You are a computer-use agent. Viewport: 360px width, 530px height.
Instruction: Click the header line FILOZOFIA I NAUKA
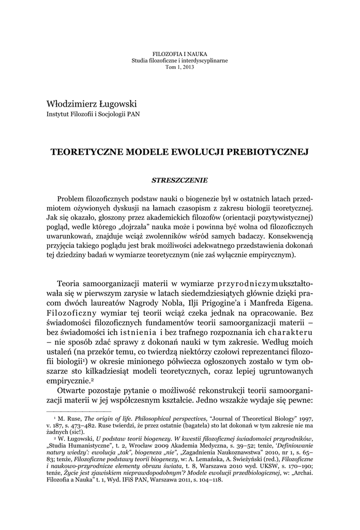[179, 54]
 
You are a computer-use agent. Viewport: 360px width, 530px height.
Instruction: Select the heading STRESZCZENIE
[179, 180]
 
